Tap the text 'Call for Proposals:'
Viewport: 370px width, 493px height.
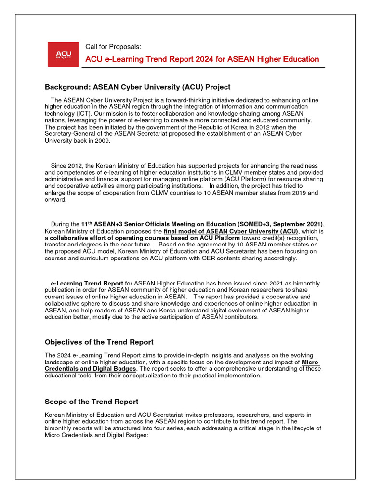[x=113, y=47]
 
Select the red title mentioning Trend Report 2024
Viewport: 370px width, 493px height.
[x=202, y=59]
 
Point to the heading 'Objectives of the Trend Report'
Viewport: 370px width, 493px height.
[x=99, y=342]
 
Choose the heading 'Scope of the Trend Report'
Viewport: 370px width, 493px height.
[x=92, y=402]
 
